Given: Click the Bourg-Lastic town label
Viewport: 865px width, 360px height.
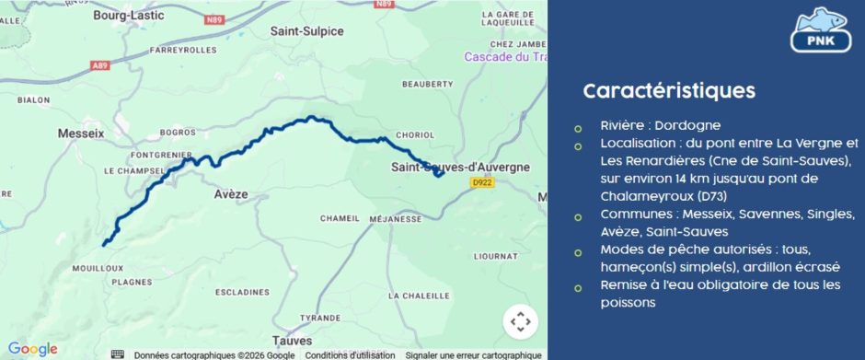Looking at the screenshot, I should [127, 15].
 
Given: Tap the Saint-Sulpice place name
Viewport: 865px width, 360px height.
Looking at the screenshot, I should [306, 30].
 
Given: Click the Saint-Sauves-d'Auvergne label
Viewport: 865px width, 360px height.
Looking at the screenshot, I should [460, 167].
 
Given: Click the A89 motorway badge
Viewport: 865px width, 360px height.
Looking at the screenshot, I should [100, 65].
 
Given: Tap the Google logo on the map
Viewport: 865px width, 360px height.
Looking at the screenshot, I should [32, 349].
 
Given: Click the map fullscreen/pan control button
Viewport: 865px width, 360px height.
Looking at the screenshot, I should [520, 321].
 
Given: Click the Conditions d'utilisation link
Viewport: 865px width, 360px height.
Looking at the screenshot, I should [351, 354].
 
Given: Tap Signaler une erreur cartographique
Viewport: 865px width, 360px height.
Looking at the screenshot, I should [473, 354].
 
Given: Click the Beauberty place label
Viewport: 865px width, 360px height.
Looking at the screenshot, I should [428, 84].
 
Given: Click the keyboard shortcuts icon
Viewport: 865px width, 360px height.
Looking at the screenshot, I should [118, 354].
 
